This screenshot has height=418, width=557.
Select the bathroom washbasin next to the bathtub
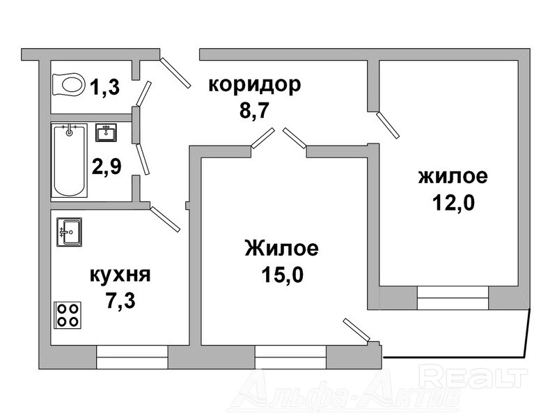[106, 131]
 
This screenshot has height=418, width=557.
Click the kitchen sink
[70, 232]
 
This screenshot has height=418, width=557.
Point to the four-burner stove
[68, 314]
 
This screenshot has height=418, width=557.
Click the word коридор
[255, 85]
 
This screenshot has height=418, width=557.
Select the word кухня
[120, 274]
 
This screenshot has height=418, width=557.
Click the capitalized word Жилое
[281, 248]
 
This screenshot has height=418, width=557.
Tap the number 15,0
[281, 273]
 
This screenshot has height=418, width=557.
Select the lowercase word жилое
[453, 176]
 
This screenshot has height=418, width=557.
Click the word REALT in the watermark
[474, 377]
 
